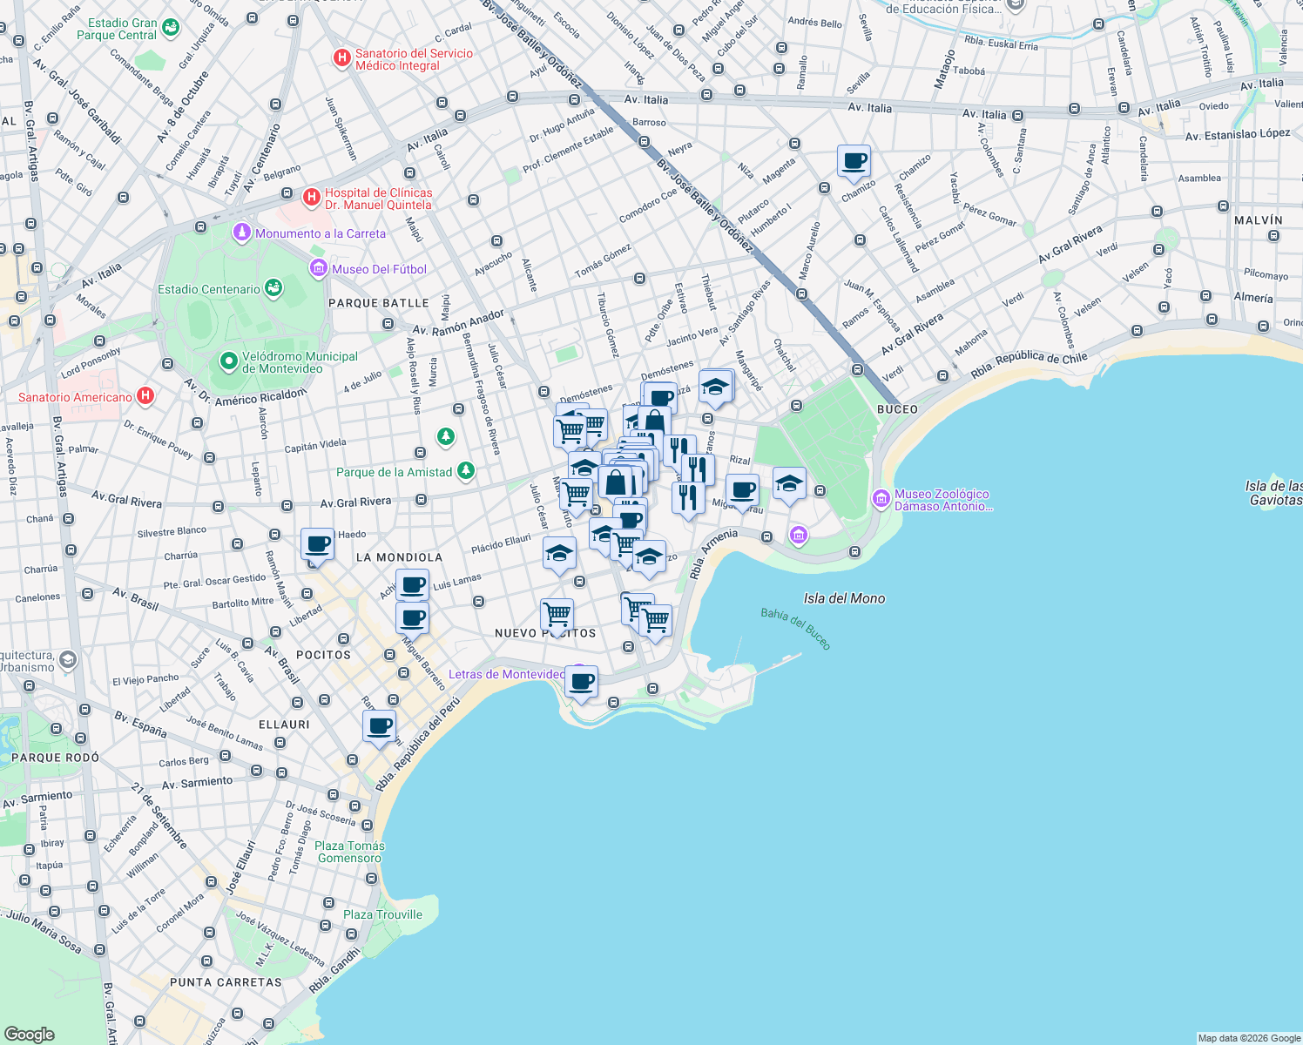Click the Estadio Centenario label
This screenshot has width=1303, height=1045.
(209, 289)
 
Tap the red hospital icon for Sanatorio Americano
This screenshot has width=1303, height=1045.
(145, 396)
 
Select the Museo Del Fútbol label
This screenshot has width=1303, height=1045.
(379, 269)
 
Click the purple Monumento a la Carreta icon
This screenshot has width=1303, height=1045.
(242, 233)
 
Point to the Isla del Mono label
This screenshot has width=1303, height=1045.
(844, 598)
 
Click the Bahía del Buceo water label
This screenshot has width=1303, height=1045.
(796, 628)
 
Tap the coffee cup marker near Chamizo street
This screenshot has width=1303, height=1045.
(854, 162)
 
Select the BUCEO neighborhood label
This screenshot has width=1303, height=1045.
(897, 409)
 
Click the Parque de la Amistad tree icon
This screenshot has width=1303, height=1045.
(466, 471)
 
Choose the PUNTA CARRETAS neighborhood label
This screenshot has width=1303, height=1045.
(226, 982)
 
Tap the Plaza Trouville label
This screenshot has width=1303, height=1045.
(382, 914)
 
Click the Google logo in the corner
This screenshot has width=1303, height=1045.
(29, 1034)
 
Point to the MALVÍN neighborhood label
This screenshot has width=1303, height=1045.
(1258, 220)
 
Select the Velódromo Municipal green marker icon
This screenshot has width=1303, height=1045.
(229, 361)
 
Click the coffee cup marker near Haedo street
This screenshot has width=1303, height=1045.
(318, 545)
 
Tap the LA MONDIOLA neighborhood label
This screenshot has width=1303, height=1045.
(399, 557)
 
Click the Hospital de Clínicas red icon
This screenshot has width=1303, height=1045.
(311, 198)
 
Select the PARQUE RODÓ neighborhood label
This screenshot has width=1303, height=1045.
(55, 758)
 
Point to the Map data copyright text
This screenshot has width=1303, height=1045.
(1248, 1038)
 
